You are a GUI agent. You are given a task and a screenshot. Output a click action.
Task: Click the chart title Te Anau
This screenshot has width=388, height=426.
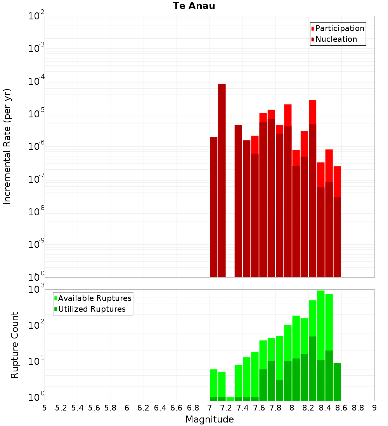coord(194,6)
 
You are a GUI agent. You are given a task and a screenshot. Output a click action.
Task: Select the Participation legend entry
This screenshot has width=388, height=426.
coord(337,28)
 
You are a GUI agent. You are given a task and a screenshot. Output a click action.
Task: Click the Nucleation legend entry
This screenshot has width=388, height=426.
coord(334,39)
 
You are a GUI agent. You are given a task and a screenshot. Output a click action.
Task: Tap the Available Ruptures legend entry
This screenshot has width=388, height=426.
coord(93,298)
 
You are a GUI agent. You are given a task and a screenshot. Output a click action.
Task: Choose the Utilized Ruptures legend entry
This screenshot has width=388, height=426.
coord(90,309)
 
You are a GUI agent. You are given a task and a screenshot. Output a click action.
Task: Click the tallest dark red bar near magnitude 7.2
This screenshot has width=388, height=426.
coord(222,180)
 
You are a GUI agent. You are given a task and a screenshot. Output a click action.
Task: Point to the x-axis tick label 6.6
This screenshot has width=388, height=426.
coord(176,408)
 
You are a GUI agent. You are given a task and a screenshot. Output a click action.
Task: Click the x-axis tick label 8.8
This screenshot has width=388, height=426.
coord(358,408)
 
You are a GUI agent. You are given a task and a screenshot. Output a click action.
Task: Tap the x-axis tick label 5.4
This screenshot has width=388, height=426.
coord(77,408)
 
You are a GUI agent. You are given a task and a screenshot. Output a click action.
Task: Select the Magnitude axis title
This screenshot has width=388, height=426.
coord(210,419)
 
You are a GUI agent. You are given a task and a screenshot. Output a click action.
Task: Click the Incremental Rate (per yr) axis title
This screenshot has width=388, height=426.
coord(7,147)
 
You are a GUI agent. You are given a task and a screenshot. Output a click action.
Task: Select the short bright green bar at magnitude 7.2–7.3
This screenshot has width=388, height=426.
coord(230,399)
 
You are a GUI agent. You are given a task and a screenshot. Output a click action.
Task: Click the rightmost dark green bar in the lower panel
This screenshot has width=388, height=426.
coord(337,382)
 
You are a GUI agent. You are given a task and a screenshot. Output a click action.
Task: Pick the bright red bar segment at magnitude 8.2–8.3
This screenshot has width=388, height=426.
coord(313,112)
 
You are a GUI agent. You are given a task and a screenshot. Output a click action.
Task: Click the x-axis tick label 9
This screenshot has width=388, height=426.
coord(374,408)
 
